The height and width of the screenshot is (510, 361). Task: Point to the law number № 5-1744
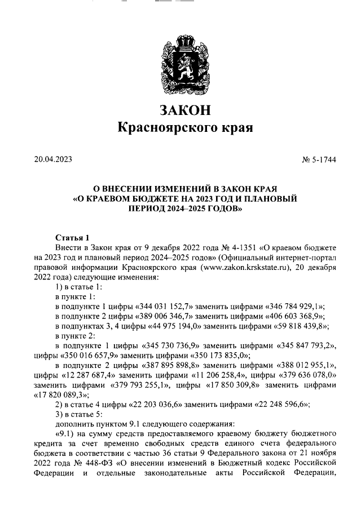pyautogui.click(x=319, y=159)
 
